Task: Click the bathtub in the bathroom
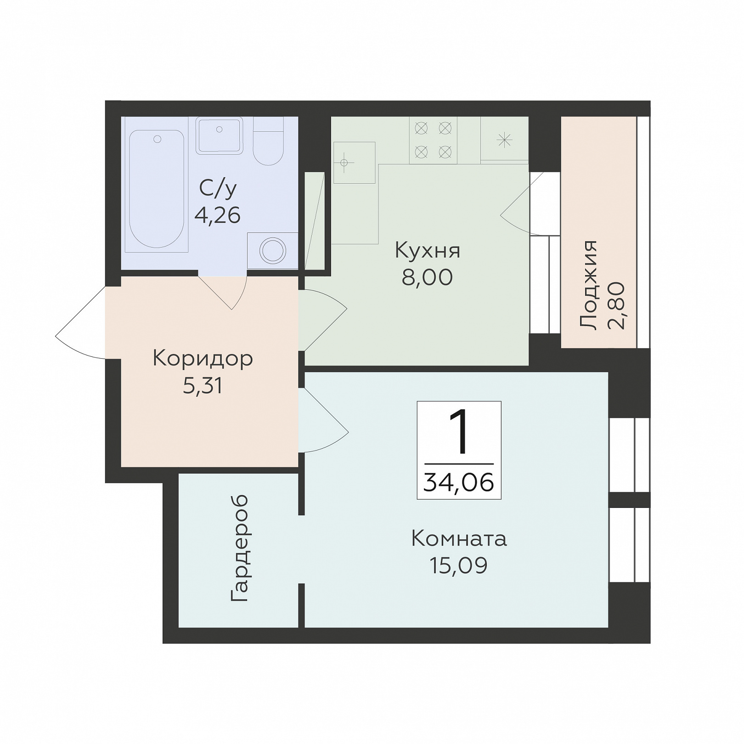(x=157, y=189)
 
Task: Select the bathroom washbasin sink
(x=220, y=135)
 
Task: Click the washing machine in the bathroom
(x=272, y=251)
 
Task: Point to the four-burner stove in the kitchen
(x=433, y=140)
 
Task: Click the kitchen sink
(x=354, y=163)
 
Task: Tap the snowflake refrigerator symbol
(x=504, y=140)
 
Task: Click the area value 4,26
(x=218, y=215)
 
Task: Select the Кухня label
(x=428, y=251)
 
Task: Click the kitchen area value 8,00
(x=428, y=277)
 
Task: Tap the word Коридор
(x=203, y=359)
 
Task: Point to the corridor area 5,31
(x=203, y=386)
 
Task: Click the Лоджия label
(x=588, y=285)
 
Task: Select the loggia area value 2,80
(x=616, y=306)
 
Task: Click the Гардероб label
(x=239, y=548)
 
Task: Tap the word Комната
(x=459, y=539)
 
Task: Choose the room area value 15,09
(x=459, y=566)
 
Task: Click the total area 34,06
(x=459, y=483)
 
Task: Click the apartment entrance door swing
(x=81, y=322)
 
